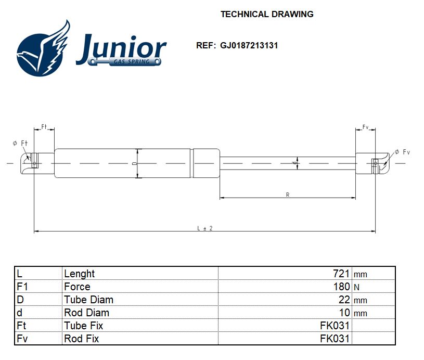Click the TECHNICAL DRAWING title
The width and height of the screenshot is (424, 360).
[x=267, y=14]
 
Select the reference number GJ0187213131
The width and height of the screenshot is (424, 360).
[x=249, y=45]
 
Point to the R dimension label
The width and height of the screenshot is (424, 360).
[x=288, y=195]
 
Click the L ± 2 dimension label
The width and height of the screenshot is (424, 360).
[x=205, y=228]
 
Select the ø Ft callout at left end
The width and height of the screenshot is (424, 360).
[x=20, y=143]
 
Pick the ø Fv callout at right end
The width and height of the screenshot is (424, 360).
[x=403, y=152]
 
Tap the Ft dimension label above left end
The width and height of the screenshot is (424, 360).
[x=44, y=126]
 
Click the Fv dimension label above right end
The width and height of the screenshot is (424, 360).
[x=365, y=127]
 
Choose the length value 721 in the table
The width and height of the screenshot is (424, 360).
[x=341, y=274]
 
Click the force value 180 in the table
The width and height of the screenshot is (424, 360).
[x=341, y=287]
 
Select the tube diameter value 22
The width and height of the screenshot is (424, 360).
[x=344, y=300]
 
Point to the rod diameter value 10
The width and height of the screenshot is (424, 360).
[x=344, y=312]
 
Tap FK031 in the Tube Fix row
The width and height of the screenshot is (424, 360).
[x=335, y=325]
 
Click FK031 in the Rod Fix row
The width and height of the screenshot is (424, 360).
[x=335, y=338]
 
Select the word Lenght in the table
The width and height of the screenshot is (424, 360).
[x=79, y=274]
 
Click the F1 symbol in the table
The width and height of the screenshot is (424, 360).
[x=22, y=287]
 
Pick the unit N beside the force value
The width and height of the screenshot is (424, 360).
[x=357, y=287]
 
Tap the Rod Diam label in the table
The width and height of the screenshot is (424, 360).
[x=86, y=312]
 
